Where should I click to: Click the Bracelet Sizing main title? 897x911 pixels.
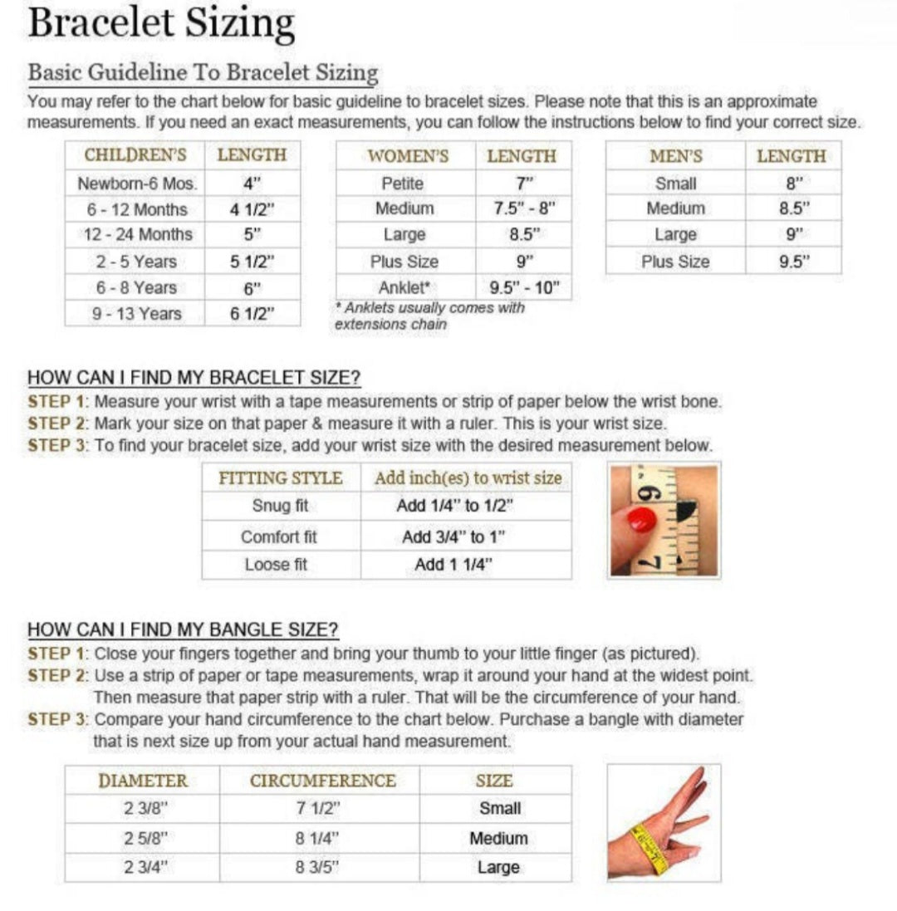(x=161, y=24)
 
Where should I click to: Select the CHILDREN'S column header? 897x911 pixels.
(x=135, y=155)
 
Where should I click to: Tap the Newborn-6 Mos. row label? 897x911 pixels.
(x=135, y=184)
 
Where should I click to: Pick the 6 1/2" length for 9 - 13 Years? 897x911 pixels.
(x=252, y=313)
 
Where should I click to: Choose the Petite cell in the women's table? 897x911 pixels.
(x=403, y=184)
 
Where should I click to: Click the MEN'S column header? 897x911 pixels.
(x=676, y=156)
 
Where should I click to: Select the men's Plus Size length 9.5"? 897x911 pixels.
(x=793, y=262)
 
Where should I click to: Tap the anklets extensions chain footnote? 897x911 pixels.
(x=429, y=316)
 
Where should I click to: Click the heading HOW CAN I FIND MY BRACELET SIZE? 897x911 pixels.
(x=194, y=378)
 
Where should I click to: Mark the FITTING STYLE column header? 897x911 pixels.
(x=280, y=478)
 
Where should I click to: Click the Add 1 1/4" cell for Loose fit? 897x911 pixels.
(x=453, y=565)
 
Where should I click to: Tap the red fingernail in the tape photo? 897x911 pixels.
(x=641, y=520)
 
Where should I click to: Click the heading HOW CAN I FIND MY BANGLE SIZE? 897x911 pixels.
(x=183, y=629)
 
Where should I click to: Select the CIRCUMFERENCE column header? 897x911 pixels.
(x=322, y=781)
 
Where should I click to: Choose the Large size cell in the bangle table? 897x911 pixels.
(x=498, y=868)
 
